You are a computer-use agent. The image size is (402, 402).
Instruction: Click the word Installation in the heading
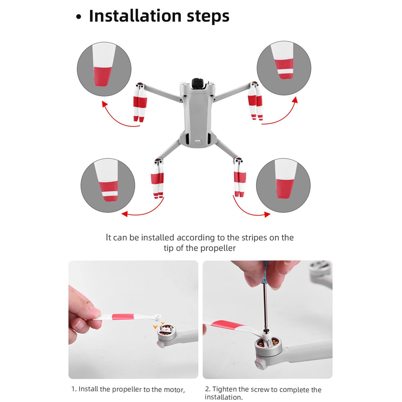click(x=135, y=16)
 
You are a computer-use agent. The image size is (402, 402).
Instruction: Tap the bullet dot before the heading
click(x=79, y=17)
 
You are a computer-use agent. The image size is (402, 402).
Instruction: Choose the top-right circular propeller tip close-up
click(x=284, y=68)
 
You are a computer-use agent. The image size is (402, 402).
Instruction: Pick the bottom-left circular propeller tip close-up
click(x=108, y=185)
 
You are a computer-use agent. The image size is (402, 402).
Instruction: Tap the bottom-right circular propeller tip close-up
click(x=283, y=185)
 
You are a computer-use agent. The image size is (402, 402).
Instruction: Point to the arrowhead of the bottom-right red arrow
click(x=267, y=214)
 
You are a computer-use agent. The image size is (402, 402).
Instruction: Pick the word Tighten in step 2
click(x=224, y=389)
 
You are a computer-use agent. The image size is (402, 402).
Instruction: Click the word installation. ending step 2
click(x=224, y=397)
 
